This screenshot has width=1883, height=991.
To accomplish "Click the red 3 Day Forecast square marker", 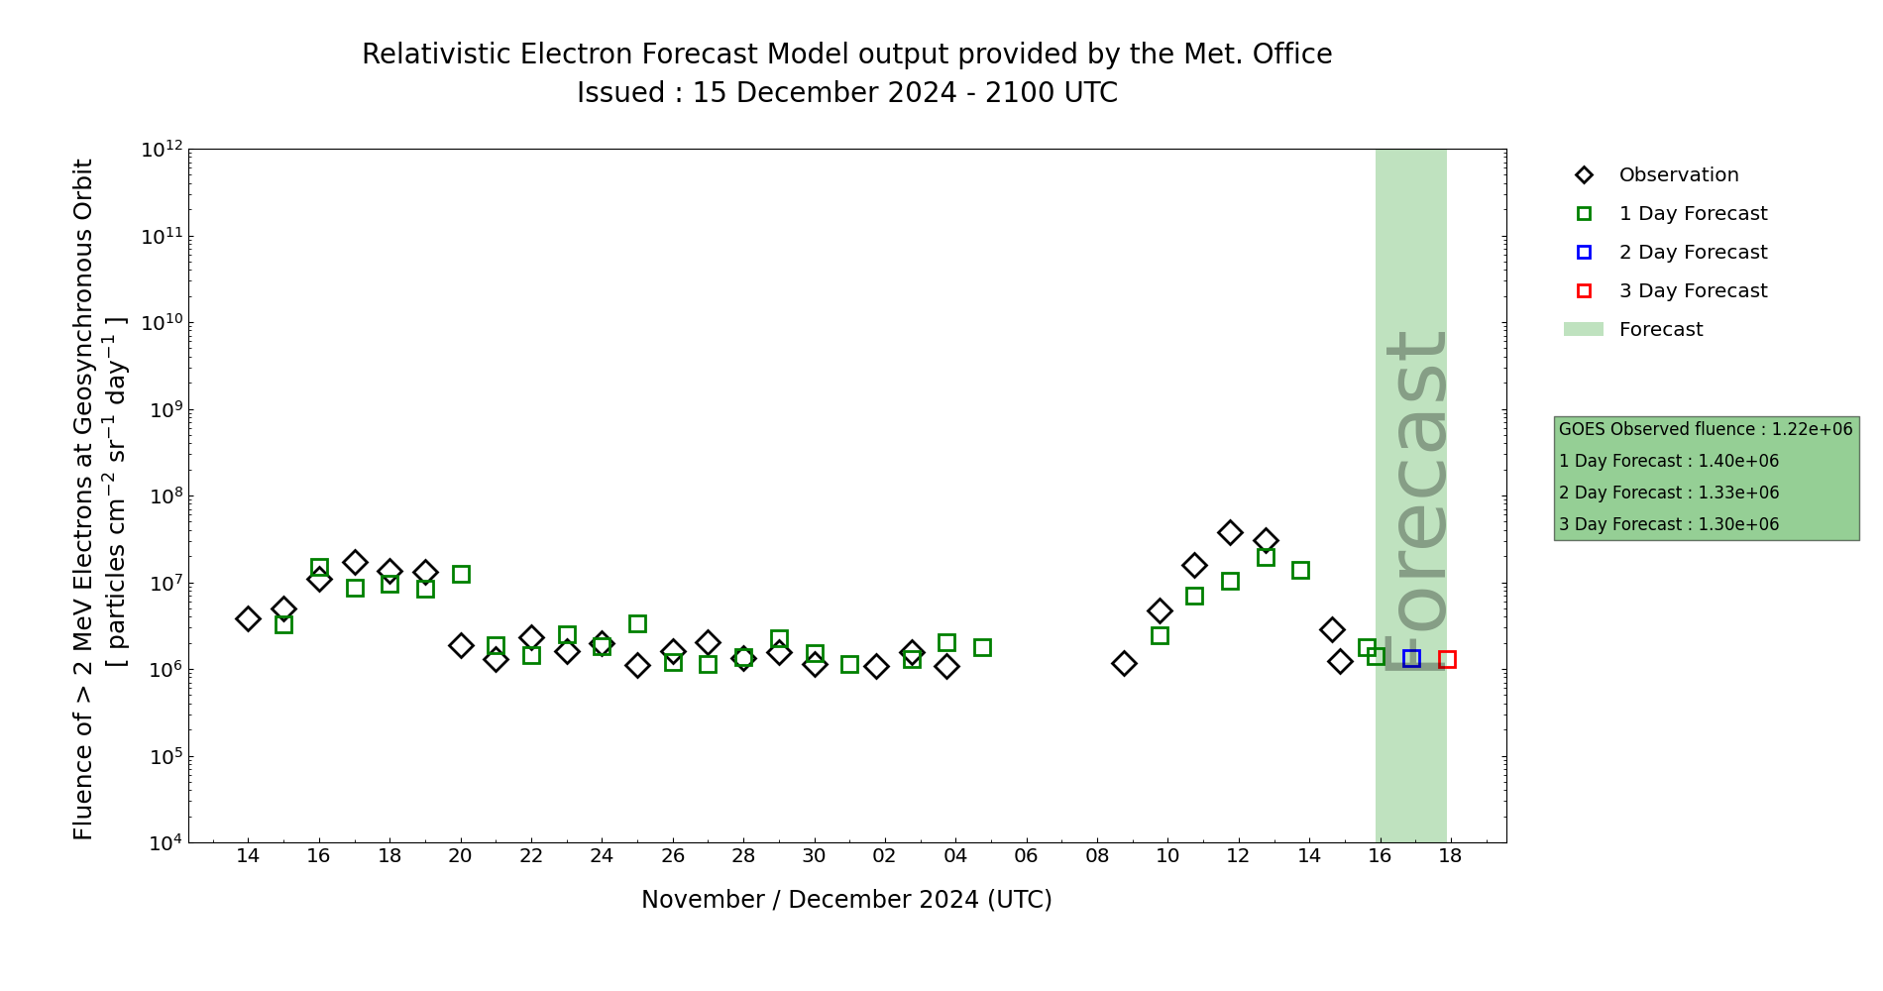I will (1447, 659).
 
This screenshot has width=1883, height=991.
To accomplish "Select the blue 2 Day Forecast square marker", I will (1411, 658).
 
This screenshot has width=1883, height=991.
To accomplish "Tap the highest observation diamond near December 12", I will (1230, 532).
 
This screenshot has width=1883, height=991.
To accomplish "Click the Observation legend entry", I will (1678, 175).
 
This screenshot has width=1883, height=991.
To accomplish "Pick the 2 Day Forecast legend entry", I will (1692, 253).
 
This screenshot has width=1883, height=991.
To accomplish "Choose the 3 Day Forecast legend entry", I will (1692, 291).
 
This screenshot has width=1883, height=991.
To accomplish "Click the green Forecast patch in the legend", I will (1583, 329).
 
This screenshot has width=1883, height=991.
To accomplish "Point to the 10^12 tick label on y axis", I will (162, 150).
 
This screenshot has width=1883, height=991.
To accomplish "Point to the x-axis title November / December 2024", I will (846, 900).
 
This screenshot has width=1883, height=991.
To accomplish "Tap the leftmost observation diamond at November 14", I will (248, 618).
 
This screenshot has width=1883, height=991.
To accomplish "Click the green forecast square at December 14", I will (1300, 570).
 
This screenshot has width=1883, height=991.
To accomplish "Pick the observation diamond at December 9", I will (1124, 663).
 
